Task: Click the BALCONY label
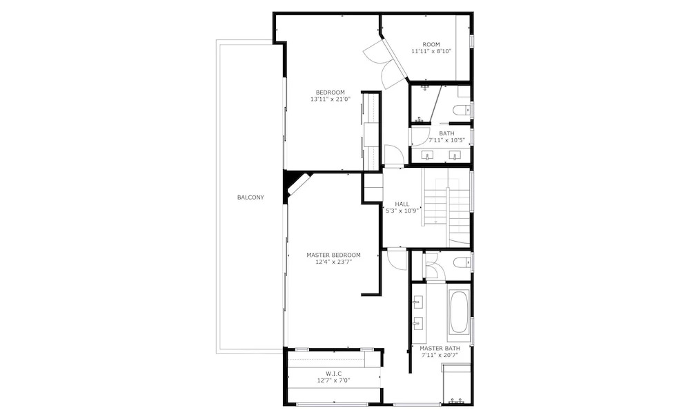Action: click(x=250, y=197)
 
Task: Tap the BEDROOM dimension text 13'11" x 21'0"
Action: click(x=330, y=99)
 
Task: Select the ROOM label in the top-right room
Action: click(x=431, y=44)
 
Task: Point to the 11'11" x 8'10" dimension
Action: click(x=431, y=51)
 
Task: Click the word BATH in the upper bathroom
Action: click(x=446, y=133)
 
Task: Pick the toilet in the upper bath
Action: click(x=462, y=110)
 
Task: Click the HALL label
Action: click(x=402, y=204)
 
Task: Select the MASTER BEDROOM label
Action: click(x=333, y=255)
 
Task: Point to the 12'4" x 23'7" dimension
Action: click(x=333, y=262)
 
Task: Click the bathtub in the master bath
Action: click(x=459, y=312)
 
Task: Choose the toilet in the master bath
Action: click(x=462, y=263)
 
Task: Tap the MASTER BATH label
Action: click(x=440, y=349)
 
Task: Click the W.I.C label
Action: click(x=333, y=374)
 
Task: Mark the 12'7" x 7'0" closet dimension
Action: click(x=333, y=380)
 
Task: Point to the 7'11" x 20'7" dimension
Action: click(x=440, y=355)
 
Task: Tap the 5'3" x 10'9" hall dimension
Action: click(x=402, y=211)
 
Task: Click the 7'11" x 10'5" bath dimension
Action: click(x=446, y=141)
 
